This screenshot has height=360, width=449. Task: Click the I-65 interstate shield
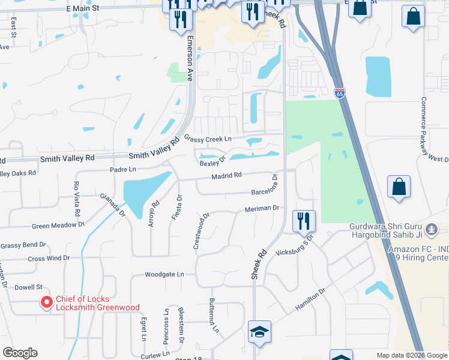coord(340,92)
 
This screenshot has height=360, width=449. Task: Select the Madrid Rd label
coord(226,175)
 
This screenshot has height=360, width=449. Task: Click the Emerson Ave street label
coord(190,58)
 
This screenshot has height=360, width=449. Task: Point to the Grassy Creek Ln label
coord(208,139)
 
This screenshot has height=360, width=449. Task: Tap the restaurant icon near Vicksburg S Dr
coord(304,221)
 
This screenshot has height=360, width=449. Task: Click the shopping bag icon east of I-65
coord(399,187)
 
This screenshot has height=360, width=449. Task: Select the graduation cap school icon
coord(259,332)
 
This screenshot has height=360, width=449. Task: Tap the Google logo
coord(20,353)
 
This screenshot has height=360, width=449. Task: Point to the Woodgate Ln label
coord(164,274)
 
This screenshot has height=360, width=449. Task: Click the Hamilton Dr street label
coord(310,299)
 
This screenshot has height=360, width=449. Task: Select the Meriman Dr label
coord(262,208)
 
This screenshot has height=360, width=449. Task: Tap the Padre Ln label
coord(123,170)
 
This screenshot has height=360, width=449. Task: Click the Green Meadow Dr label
coord(58,226)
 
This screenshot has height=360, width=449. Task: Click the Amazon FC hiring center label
coord(418,254)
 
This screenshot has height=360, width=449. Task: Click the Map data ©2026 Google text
coord(411,355)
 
